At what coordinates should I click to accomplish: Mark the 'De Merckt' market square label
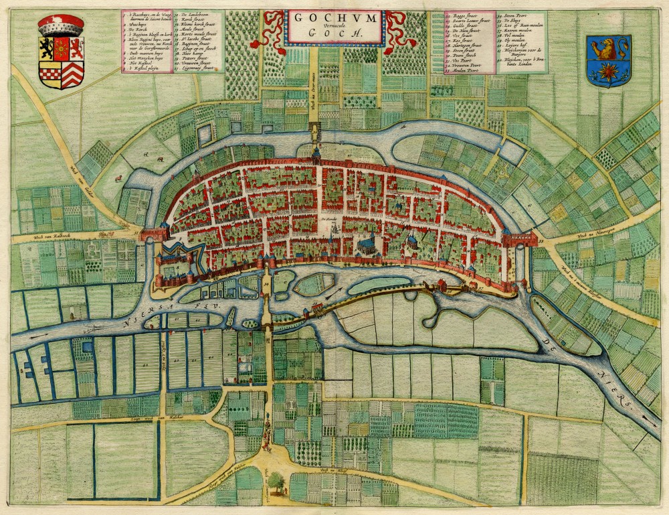coord(327,218)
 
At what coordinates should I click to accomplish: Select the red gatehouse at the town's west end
coord(153,233)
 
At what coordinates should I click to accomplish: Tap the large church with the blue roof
coord(367,244)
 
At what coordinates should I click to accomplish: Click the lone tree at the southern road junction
coord(274,480)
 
